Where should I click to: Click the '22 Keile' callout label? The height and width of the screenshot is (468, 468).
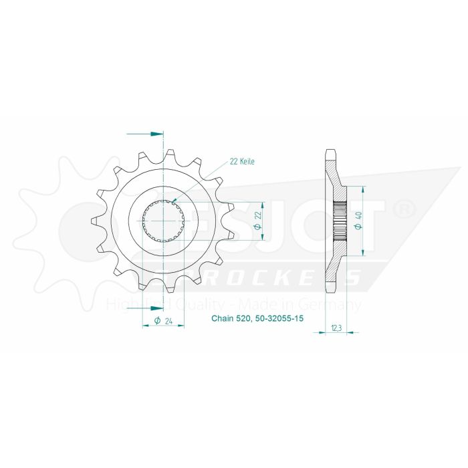coord(241,161)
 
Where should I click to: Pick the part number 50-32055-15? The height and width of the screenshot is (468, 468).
coord(279,320)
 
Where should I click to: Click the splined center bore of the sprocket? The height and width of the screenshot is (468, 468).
coord(163,221)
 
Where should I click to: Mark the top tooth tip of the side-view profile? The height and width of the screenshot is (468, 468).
coord(330,151)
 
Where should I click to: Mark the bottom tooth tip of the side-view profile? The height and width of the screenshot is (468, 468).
coord(330,290)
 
